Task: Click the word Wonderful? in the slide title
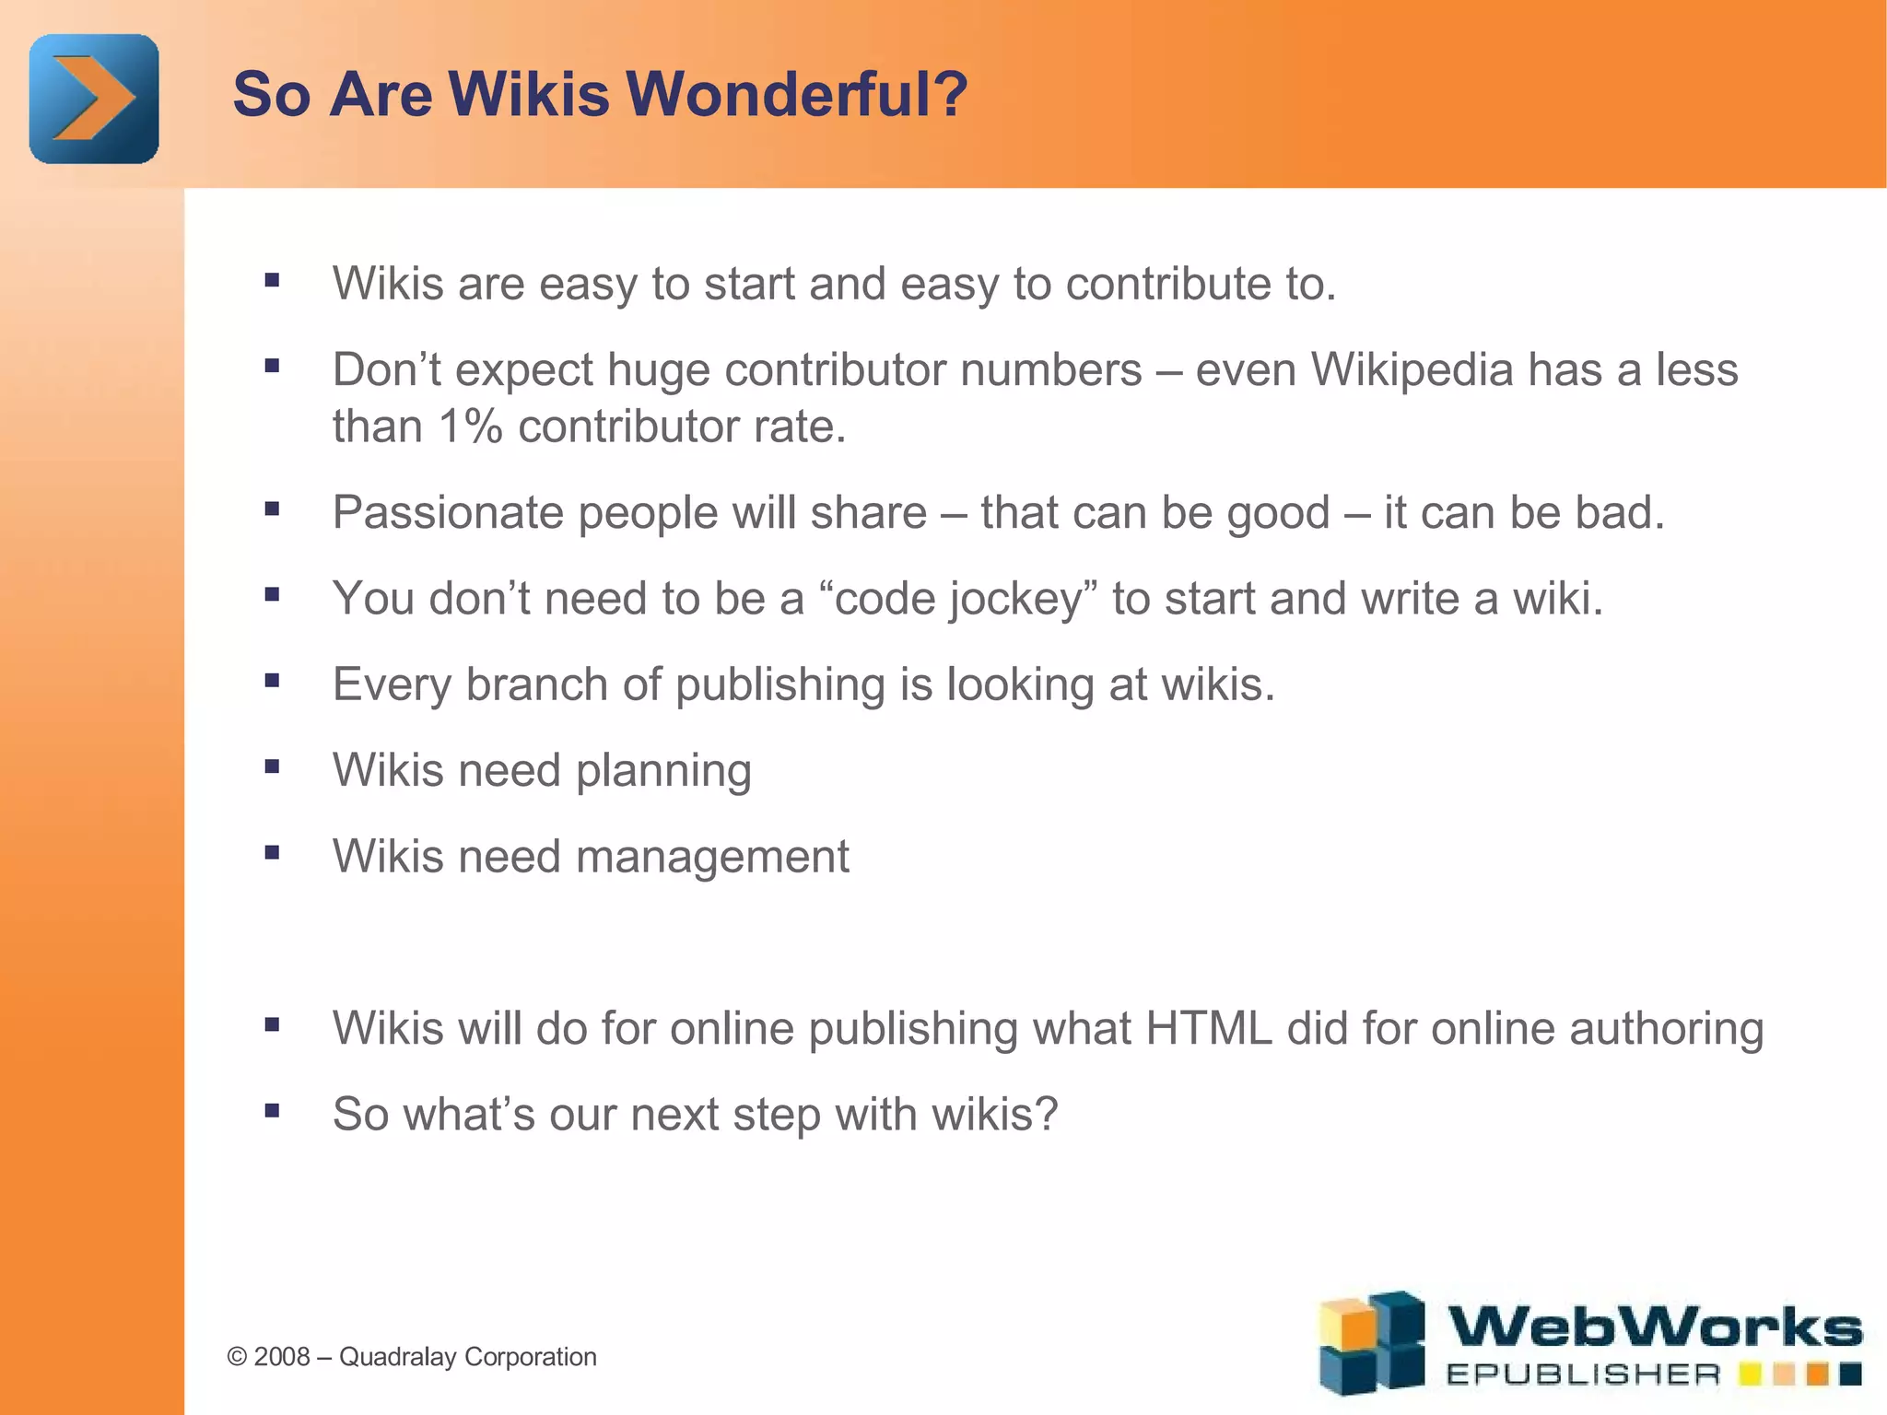pyautogui.click(x=797, y=94)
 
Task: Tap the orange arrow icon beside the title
pyautogui.click(x=94, y=99)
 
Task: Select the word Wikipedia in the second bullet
pyautogui.click(x=1412, y=369)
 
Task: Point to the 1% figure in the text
pyautogui.click(x=470, y=427)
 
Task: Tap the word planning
pyautogui.click(x=663, y=771)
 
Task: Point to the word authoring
pyautogui.click(x=1666, y=1029)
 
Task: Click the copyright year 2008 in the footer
pyautogui.click(x=282, y=1357)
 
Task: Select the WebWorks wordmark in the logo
pyautogui.click(x=1655, y=1327)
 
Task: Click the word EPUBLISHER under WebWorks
pyautogui.click(x=1583, y=1375)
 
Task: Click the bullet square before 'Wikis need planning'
pyautogui.click(x=272, y=766)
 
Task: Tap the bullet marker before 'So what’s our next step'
pyautogui.click(x=272, y=1110)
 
